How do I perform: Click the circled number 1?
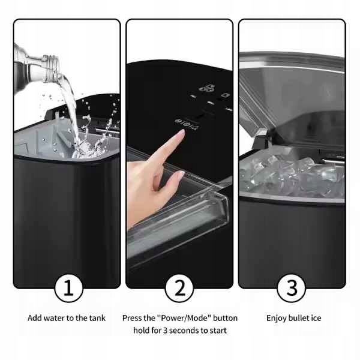pos(68,288)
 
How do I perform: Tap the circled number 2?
pos(179,288)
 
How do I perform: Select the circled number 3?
pos(292,288)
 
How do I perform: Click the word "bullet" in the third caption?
pos(298,318)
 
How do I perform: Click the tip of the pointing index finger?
pos(183,131)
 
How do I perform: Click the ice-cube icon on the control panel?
pos(208,88)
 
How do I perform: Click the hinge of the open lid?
pos(260,139)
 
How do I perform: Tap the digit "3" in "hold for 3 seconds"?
pos(165,331)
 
